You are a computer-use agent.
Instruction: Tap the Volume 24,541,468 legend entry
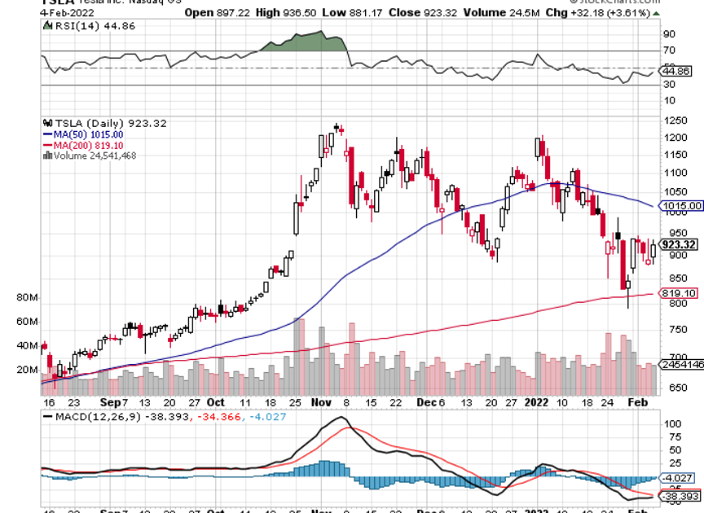point(89,156)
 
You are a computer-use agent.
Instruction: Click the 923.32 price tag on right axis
point(678,243)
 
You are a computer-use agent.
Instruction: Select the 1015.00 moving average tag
point(682,206)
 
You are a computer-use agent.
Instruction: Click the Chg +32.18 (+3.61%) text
point(599,12)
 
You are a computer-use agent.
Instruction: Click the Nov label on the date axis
point(319,401)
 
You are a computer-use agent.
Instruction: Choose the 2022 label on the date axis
point(535,401)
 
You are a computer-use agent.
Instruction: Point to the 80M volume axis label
point(28,299)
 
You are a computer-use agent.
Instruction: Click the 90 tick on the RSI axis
point(670,34)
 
